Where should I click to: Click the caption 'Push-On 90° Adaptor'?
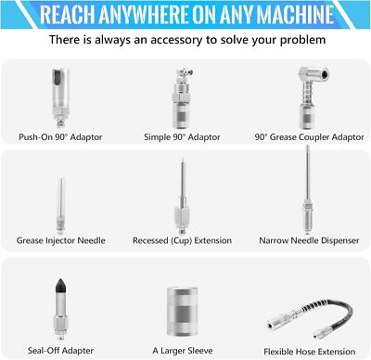[x=60, y=137]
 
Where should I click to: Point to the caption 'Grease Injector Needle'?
[x=61, y=240]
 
